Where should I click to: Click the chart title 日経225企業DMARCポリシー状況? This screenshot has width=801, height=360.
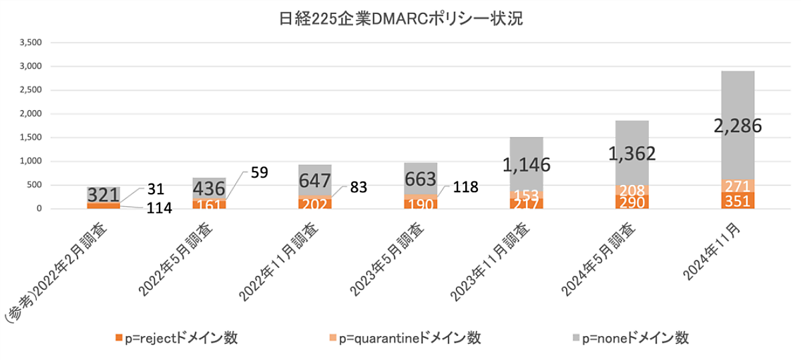[400, 18]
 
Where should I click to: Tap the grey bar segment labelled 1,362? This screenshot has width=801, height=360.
[631, 153]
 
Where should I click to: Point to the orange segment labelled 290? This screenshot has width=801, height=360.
[631, 202]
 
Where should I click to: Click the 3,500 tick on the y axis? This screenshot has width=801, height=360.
[31, 43]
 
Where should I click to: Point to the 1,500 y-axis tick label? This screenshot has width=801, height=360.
[31, 138]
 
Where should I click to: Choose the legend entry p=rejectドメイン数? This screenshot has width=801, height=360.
[177, 338]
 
